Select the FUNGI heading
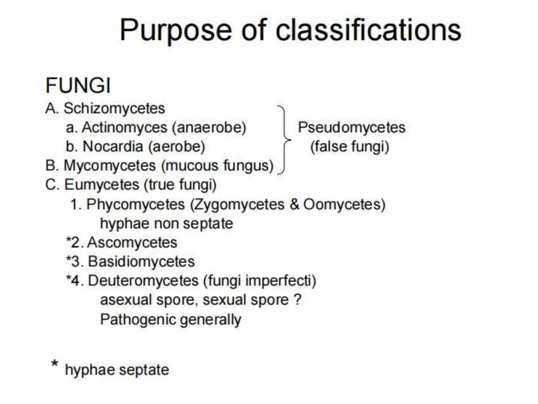[78, 85]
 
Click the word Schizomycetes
[114, 108]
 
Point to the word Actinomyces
[125, 128]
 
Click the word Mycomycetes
[110, 166]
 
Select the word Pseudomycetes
[351, 128]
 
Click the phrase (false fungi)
[350, 147]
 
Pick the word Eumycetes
[102, 185]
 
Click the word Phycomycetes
[136, 204]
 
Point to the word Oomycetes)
[344, 204]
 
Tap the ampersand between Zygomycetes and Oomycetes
[294, 204]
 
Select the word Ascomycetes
[132, 243]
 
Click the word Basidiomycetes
[141, 262]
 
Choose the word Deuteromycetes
[143, 281]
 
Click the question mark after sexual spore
[297, 300]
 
